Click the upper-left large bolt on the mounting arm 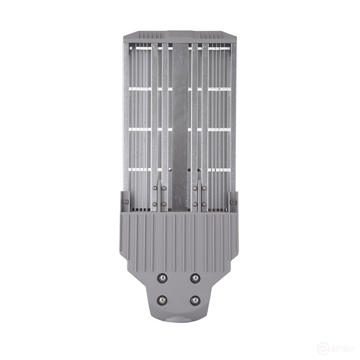(x=163, y=278)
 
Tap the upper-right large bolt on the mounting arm (x=195, y=278)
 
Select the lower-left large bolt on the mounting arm (x=163, y=300)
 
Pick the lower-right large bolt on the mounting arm (x=195, y=300)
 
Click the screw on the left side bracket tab (x=126, y=202)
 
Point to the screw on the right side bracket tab (x=233, y=202)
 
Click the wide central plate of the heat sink (x=180, y=120)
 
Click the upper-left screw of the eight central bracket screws (x=155, y=188)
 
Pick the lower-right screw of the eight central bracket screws (x=204, y=204)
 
